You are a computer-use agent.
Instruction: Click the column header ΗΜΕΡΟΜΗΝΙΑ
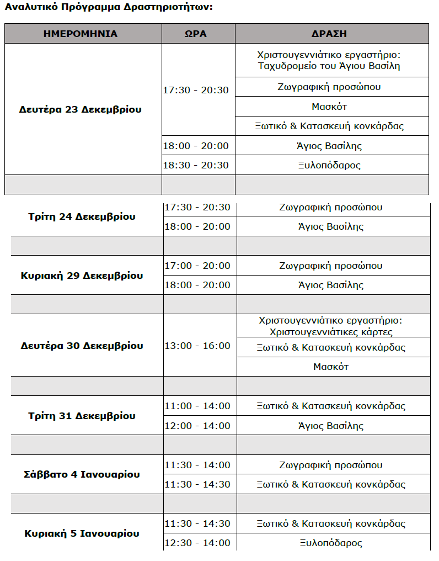[x=81, y=34]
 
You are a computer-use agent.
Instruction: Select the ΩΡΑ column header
[x=195, y=34]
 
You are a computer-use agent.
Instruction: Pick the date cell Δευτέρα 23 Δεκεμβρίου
[x=81, y=109]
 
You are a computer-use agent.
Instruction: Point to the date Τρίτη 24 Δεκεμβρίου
[x=82, y=216]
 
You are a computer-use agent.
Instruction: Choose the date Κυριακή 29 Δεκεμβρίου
[x=82, y=275]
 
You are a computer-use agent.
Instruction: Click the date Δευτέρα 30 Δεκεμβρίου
[x=82, y=346]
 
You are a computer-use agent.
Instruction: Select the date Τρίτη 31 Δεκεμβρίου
[x=82, y=416]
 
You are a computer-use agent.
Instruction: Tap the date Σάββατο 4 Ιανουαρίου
[x=82, y=474]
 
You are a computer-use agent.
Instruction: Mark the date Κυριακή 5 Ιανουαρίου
[x=82, y=533]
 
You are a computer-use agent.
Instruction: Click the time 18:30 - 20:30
[x=196, y=165]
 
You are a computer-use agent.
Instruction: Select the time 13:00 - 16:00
[x=197, y=346]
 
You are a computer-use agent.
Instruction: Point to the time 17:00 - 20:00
[x=197, y=266]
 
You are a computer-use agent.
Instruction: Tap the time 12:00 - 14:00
[x=197, y=426]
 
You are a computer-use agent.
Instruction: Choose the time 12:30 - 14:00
[x=197, y=543]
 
